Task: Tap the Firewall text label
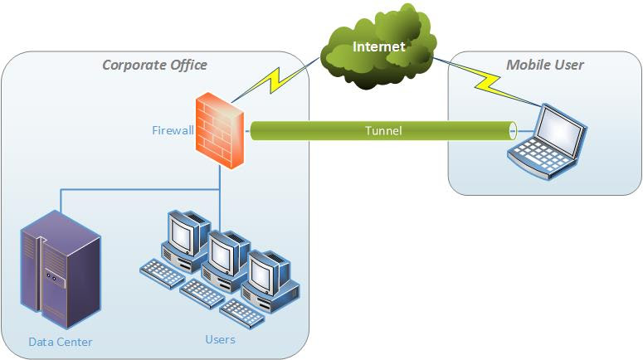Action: (172, 130)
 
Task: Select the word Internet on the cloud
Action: (379, 46)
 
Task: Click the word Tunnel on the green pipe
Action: (383, 131)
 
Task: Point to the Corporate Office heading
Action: (154, 65)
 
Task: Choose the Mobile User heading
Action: (545, 65)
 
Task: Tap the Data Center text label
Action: (61, 342)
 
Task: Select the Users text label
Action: (220, 339)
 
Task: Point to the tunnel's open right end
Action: (512, 130)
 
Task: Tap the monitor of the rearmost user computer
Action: (184, 231)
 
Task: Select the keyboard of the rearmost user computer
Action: (163, 272)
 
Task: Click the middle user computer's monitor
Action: (226, 251)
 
